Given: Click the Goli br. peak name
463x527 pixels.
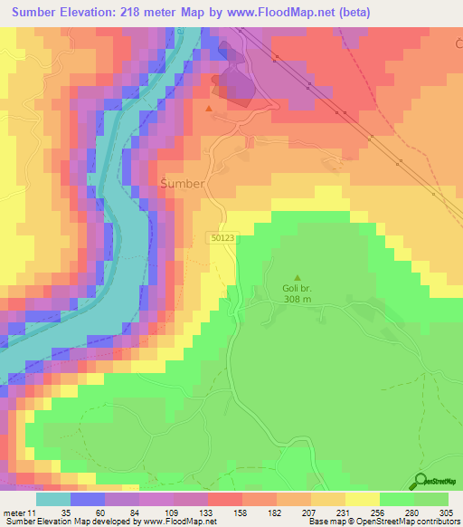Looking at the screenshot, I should point(295,290).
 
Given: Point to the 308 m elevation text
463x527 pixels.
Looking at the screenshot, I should point(296,300).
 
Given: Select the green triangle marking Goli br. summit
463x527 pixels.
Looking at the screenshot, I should point(298,278).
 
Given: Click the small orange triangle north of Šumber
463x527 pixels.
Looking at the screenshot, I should point(210,109).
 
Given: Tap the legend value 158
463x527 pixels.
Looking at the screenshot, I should point(241,512).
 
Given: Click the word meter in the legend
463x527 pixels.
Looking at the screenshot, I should point(14,512).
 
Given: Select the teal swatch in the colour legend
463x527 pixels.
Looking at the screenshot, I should point(53,499).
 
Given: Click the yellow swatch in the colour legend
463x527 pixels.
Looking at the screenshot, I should point(361,499).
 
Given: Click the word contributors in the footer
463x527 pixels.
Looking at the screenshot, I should point(435,522).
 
